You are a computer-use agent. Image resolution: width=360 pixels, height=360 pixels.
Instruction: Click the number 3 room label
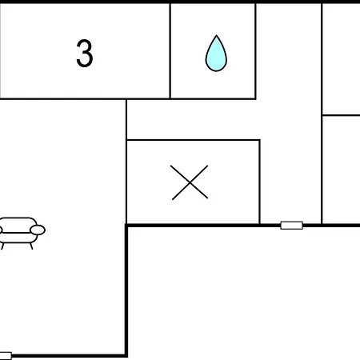click(x=85, y=54)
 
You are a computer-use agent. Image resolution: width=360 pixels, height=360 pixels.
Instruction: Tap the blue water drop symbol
click(x=216, y=54)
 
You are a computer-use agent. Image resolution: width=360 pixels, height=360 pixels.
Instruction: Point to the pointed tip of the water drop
click(x=217, y=35)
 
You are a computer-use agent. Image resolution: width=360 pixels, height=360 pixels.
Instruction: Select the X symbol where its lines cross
click(x=190, y=182)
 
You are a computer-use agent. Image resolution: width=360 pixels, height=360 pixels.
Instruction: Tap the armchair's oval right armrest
click(x=38, y=230)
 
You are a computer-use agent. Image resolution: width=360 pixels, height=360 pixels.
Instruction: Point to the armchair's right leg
click(x=31, y=246)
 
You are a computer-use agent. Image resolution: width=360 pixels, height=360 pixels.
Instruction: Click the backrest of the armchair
click(x=18, y=222)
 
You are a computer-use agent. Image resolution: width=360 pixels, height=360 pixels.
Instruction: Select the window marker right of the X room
click(x=292, y=226)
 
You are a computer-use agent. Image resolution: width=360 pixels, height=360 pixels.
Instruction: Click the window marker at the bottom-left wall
click(x=6, y=356)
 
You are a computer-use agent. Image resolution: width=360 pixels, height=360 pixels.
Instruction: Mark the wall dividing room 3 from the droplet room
click(x=170, y=50)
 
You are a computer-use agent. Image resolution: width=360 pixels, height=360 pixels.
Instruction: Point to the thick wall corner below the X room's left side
click(x=126, y=226)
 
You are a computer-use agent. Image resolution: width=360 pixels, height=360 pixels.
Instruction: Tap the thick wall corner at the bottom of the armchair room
click(x=126, y=355)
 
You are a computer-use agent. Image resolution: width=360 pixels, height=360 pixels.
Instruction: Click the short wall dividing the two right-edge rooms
click(x=341, y=115)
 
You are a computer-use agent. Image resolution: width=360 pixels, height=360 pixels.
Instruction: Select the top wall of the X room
click(x=193, y=139)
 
